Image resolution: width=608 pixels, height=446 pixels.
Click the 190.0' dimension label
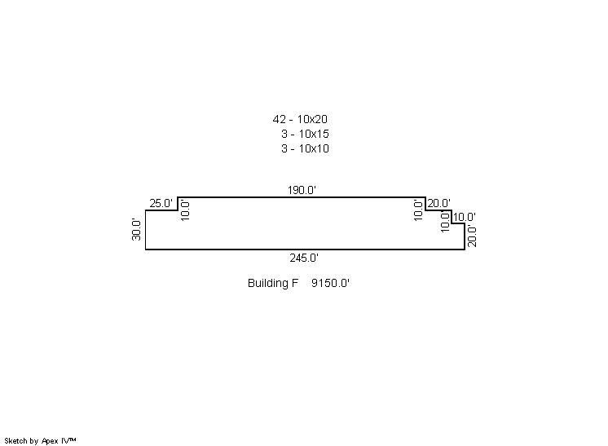pos(302,191)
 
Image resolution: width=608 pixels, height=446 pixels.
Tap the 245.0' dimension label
pos(304,258)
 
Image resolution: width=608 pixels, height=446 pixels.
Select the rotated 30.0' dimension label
pos(136,230)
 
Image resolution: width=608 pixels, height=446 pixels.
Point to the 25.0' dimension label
pos(161,203)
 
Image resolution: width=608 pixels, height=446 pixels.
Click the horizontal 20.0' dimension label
pos(439,203)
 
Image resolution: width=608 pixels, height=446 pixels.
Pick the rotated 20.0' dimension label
pos(472,236)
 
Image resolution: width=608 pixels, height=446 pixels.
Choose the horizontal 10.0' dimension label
pos(464,217)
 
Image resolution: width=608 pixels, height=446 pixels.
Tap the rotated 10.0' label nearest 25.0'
pos(185,210)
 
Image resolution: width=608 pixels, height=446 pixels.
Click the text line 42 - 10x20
pos(300,119)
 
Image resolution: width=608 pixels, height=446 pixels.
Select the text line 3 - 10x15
pos(305,134)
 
